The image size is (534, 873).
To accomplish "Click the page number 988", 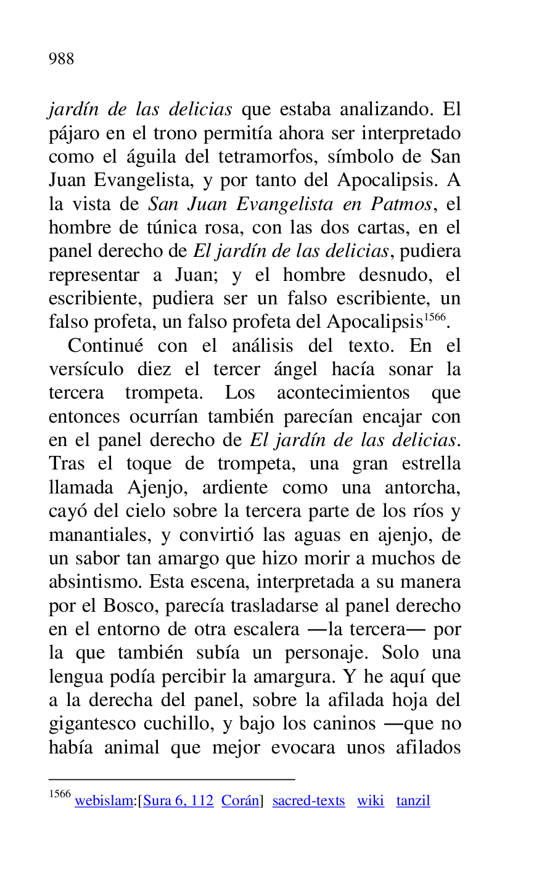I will point(61,59).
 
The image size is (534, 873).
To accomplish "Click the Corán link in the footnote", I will point(240,801).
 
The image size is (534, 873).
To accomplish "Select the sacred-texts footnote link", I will point(308,801).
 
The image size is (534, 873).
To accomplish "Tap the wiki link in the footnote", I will point(370,801).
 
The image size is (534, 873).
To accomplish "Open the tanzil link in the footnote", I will point(413,801).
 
